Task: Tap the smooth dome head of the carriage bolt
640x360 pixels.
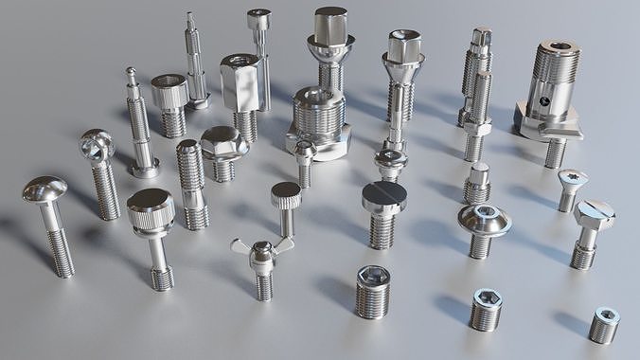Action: [44, 189]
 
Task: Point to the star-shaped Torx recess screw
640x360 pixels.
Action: [572, 177]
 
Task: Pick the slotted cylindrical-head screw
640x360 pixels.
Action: [383, 197]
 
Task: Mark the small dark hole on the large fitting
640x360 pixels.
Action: [545, 99]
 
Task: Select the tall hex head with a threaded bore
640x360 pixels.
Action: [240, 81]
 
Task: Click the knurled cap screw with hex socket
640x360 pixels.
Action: [169, 93]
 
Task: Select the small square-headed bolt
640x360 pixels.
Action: [478, 175]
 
